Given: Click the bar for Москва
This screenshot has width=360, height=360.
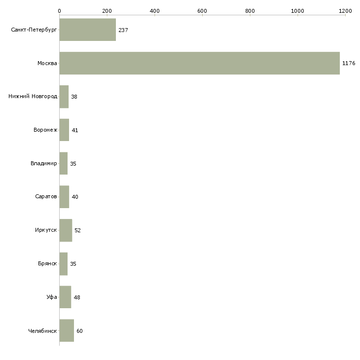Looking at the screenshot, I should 199,63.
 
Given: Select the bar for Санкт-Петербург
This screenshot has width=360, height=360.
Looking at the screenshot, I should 88,30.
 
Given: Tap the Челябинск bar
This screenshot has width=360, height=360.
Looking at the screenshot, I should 67,330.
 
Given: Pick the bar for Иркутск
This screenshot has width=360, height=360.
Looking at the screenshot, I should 66,230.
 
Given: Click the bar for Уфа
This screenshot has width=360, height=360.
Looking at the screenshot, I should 65,297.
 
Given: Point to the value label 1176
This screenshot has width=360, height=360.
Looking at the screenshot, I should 349,64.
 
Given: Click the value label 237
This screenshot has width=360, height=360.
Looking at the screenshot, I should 123,30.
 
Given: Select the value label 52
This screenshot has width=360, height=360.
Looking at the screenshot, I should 78,230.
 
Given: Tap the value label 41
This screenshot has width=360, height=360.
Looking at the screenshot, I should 75,130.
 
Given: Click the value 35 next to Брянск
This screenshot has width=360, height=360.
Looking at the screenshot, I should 73,264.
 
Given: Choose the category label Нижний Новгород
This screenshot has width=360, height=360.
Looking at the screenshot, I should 33,97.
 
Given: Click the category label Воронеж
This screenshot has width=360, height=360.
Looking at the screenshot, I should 45,130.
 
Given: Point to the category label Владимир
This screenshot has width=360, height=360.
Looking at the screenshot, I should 43,163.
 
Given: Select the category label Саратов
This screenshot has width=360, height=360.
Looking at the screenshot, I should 45,197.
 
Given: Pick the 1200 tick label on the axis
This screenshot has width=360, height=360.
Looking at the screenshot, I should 345,10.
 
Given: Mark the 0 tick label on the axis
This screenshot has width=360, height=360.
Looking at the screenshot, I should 59,10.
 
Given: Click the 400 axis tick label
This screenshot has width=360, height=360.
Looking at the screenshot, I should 154,10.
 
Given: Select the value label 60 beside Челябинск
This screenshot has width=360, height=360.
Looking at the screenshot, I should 79,331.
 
